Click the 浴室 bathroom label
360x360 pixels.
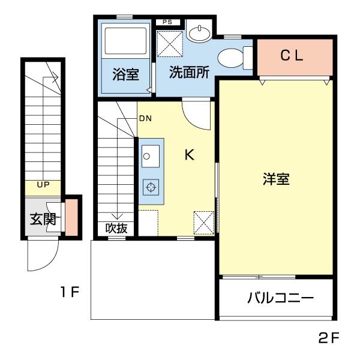point(126,75)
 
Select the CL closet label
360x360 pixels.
point(293,56)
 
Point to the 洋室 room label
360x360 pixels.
point(276,179)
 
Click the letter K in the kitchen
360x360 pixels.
point(188,155)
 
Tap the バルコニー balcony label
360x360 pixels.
point(281,298)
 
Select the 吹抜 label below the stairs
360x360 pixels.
point(116,229)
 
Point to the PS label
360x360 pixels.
point(168,22)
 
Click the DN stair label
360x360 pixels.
point(145,118)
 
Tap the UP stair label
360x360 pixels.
point(43,184)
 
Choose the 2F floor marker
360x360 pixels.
point(329,338)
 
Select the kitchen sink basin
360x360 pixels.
point(150,157)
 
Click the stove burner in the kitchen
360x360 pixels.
point(150,188)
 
